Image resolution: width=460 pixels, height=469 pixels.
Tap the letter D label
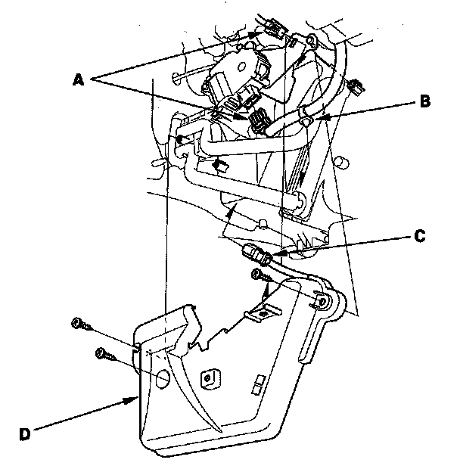point(26,434)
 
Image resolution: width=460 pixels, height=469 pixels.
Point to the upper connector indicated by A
point(273,31)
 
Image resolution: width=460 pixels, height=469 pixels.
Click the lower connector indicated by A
point(259,120)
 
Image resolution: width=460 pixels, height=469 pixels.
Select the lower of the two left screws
point(101,353)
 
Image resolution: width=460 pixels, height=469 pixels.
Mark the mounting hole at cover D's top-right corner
point(323,300)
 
